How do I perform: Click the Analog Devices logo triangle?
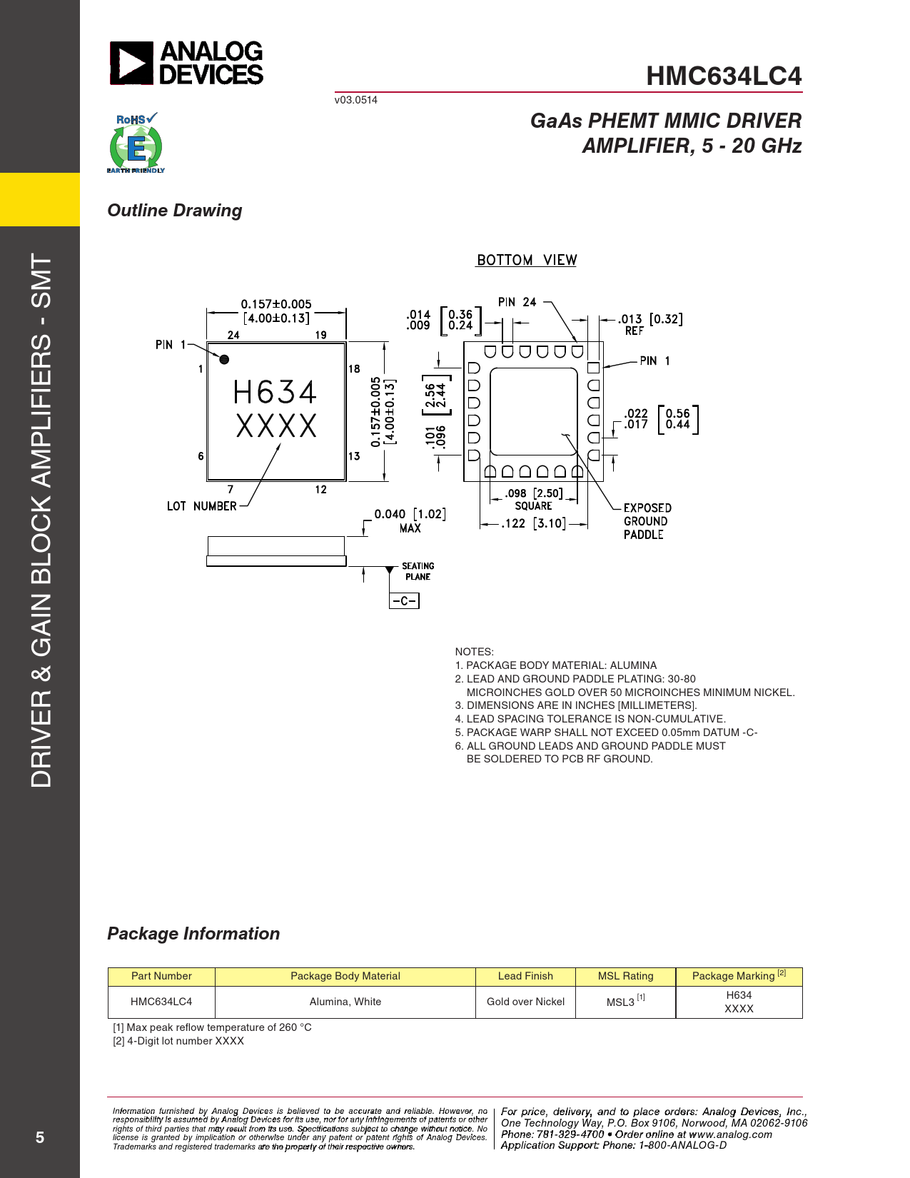[x=131, y=64]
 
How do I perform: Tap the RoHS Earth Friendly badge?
[x=136, y=143]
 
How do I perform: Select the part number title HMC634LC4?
[x=724, y=76]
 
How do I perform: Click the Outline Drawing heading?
[x=175, y=211]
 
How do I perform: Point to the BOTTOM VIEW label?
[x=526, y=260]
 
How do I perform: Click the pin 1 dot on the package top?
[x=224, y=359]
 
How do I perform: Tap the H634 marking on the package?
[x=275, y=392]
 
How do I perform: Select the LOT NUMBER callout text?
[x=201, y=505]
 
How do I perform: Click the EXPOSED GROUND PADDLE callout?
[x=647, y=521]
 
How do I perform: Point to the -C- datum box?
[x=404, y=600]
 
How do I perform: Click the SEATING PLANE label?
[x=418, y=571]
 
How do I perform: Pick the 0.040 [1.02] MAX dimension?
[x=410, y=520]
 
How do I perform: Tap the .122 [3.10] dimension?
[x=533, y=524]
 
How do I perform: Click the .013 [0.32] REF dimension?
[x=650, y=323]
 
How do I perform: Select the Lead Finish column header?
[x=525, y=976]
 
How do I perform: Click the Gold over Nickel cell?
[x=525, y=1001]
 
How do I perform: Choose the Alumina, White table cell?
[x=345, y=1001]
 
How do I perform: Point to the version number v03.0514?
[x=356, y=100]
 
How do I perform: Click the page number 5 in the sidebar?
[x=39, y=1137]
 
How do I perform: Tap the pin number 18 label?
[x=354, y=368]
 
